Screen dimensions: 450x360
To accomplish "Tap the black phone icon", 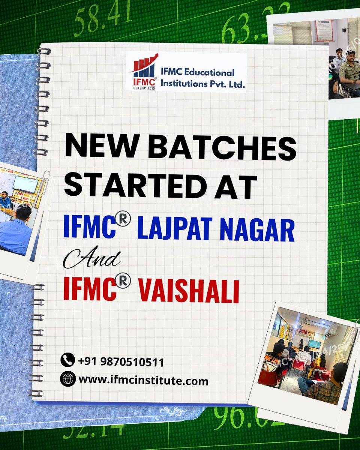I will click(x=67, y=360).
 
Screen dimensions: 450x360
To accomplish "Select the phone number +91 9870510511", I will click(x=121, y=362).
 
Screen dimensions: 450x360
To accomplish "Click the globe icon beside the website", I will click(x=67, y=379).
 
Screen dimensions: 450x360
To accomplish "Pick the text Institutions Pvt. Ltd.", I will click(x=203, y=84).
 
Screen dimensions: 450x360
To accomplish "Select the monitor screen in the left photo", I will click(x=25, y=184).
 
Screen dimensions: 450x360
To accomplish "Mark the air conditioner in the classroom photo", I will click(x=330, y=330).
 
